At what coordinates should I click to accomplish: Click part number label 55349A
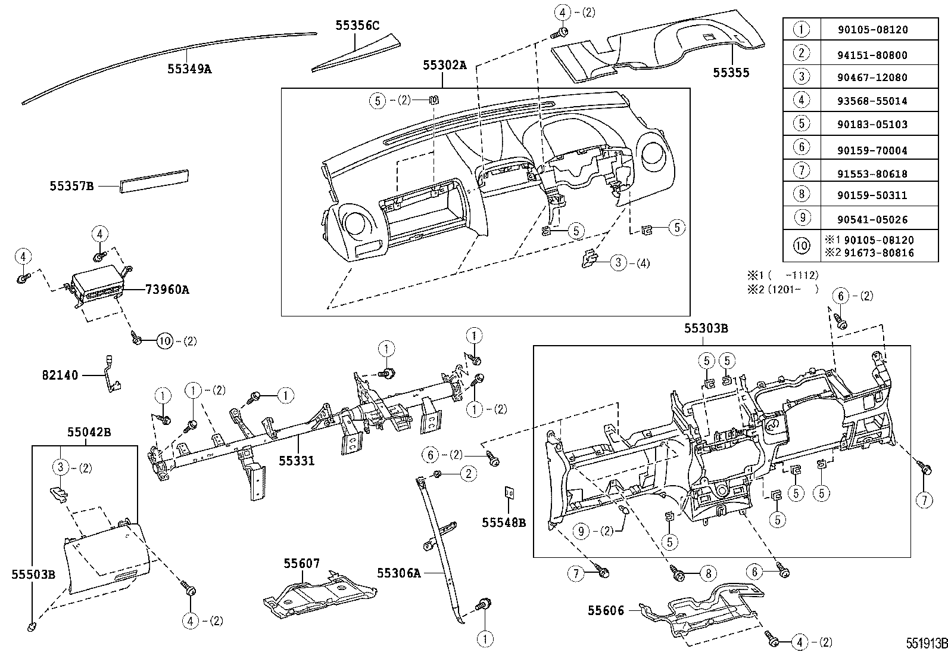pos(189,69)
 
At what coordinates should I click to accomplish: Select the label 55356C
pos(357,25)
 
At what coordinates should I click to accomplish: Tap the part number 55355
pos(731,73)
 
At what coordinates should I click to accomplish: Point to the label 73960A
pos(167,290)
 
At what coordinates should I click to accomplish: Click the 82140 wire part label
pos(60,375)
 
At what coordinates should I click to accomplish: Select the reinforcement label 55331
pos(297,461)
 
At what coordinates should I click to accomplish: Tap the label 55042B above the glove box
pos(89,432)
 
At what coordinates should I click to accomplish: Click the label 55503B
pos(33,574)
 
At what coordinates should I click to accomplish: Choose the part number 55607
pos(301,563)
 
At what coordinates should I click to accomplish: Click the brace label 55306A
pos(398,573)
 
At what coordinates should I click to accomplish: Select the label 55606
pos(606,611)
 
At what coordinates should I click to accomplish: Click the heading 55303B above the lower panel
pos(706,328)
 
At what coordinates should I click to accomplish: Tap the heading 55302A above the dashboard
pos(445,66)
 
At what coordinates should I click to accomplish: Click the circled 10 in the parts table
pos(802,246)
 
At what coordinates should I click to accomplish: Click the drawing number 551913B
pos(926,644)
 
